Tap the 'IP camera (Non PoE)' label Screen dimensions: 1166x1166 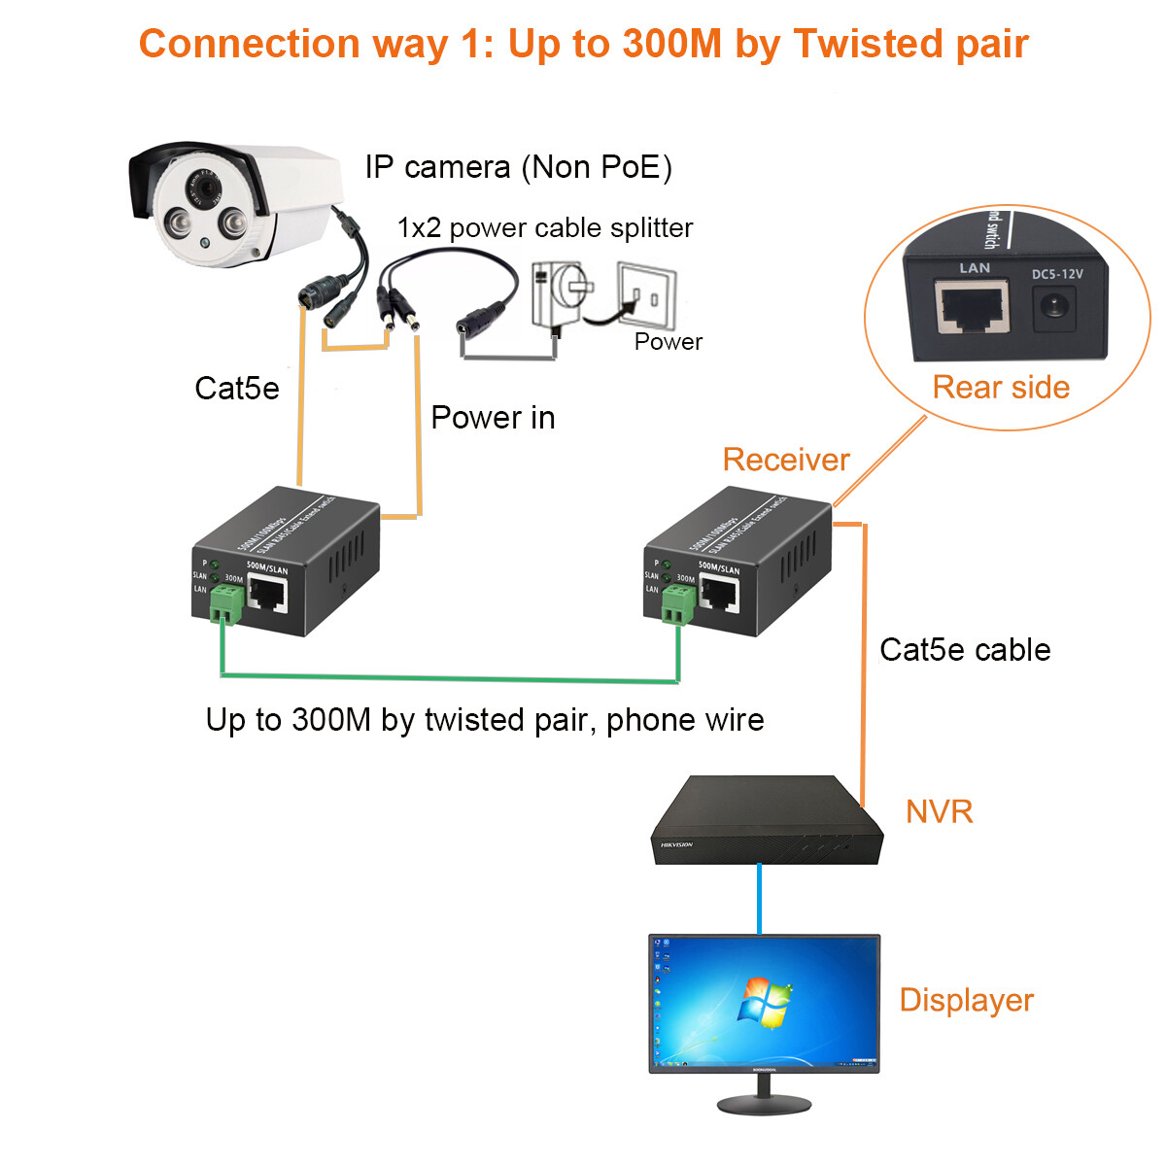(518, 167)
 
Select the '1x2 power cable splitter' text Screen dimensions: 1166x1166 (544, 227)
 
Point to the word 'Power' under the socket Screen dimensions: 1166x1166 (668, 342)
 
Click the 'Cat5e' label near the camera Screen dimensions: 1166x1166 (236, 389)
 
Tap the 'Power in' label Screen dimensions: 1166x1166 (493, 418)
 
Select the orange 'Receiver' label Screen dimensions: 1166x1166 (786, 460)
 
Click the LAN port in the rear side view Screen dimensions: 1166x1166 (972, 307)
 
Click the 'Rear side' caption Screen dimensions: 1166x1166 (1001, 388)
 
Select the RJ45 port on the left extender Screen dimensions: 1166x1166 (267, 594)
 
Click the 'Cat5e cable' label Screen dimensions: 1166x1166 (965, 650)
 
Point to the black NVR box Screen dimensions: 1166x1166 (766, 818)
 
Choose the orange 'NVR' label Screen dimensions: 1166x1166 (939, 812)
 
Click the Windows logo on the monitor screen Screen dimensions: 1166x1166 (765, 1001)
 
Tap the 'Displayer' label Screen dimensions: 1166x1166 (966, 1000)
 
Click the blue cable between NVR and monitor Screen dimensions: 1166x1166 (759, 899)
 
